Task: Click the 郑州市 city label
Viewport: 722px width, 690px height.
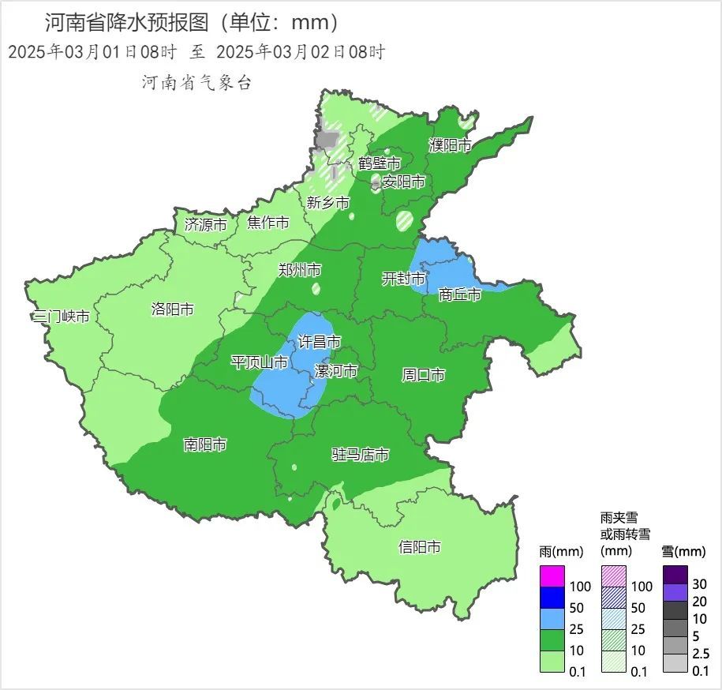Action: (x=300, y=270)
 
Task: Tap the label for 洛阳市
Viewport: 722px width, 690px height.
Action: (x=172, y=309)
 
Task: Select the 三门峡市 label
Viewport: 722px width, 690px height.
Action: (x=61, y=317)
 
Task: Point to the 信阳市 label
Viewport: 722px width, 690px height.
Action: (x=420, y=547)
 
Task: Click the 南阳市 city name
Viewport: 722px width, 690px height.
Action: (x=205, y=445)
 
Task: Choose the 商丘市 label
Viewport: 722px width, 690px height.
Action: (x=460, y=294)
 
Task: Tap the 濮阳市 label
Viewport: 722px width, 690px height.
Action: (x=450, y=145)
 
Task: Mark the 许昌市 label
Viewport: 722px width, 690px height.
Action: (x=319, y=342)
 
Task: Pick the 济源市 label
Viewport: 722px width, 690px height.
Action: (x=205, y=224)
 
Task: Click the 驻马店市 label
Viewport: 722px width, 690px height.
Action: (x=360, y=455)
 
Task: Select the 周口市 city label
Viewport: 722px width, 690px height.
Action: (x=424, y=375)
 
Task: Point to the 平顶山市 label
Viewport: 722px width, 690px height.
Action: (x=259, y=362)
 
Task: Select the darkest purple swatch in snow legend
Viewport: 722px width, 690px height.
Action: (x=675, y=575)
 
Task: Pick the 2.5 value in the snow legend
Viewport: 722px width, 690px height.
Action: (x=701, y=654)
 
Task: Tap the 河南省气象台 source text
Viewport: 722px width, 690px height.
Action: (x=196, y=83)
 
